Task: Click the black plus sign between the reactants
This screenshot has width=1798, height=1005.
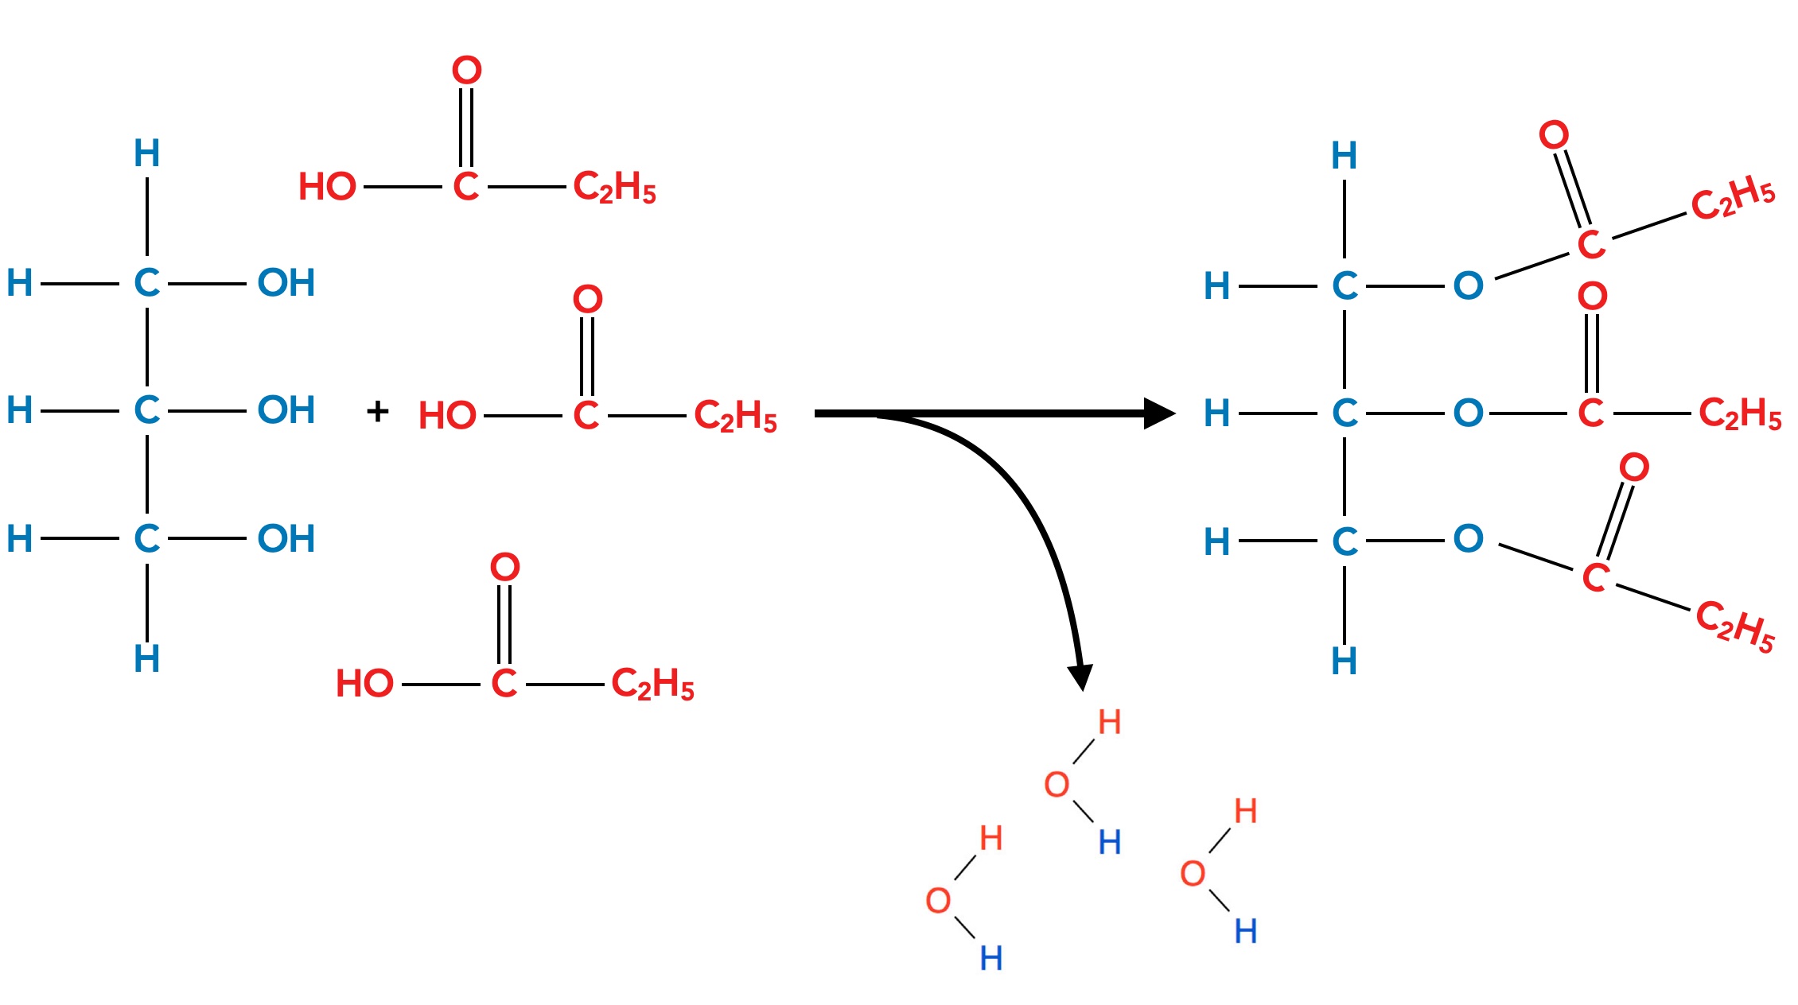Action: coord(378,412)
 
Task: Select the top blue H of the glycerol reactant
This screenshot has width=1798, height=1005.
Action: coord(146,153)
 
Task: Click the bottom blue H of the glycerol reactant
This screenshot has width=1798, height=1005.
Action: coord(146,658)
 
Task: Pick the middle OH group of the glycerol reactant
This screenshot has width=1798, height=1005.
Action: coord(286,410)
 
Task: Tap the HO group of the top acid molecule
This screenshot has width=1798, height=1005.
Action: coord(327,187)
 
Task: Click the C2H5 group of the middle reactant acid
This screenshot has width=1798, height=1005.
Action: coord(735,415)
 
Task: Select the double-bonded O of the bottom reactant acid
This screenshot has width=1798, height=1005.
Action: coord(505,567)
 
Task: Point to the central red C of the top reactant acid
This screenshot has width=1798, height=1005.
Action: coord(466,187)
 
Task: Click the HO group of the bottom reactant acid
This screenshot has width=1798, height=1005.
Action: coord(364,684)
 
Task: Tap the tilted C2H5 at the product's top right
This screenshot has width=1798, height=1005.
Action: coord(1732,197)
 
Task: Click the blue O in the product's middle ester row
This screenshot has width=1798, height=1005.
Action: coord(1469,413)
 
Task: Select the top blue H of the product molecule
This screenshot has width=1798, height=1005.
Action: coord(1345,156)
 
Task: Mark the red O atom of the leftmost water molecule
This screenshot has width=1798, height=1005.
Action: coord(939,901)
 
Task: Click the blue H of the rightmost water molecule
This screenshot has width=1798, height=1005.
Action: coord(1246,931)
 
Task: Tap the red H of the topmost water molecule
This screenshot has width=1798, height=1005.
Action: coord(1110,722)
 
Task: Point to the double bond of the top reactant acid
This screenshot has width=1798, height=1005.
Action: coord(466,127)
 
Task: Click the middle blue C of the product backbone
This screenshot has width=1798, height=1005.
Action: coord(1345,413)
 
